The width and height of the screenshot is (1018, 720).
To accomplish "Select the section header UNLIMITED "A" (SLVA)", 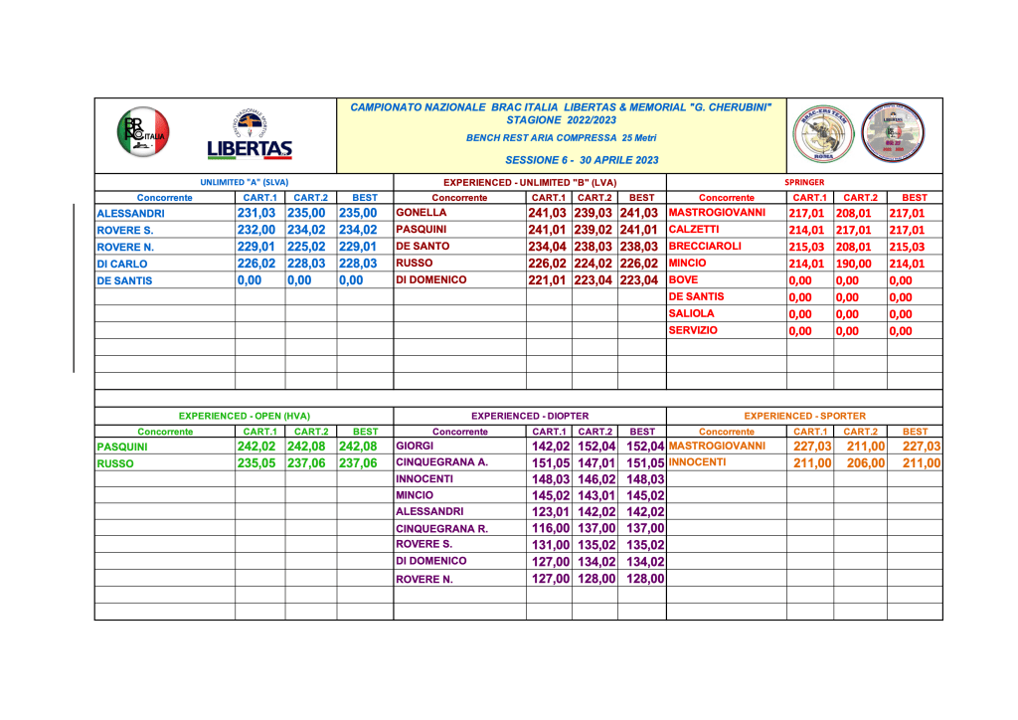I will click(245, 182).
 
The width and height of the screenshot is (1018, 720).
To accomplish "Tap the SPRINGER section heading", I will click(804, 182).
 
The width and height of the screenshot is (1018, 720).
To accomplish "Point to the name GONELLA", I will click(422, 213).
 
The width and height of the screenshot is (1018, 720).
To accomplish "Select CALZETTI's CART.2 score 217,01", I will click(859, 231).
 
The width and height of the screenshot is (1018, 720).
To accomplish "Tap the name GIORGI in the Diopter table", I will click(414, 447).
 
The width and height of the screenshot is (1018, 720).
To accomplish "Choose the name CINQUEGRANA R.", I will click(441, 528).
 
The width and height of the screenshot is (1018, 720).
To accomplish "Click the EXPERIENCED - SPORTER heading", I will click(804, 416).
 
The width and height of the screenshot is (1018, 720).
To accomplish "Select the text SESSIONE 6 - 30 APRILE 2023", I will click(582, 159).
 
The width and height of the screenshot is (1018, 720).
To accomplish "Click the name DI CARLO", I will click(122, 265).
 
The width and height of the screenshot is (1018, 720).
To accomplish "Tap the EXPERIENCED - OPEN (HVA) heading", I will click(245, 416).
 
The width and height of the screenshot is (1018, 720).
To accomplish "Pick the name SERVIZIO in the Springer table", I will click(694, 330).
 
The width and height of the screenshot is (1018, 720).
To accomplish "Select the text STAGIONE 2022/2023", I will click(561, 119).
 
